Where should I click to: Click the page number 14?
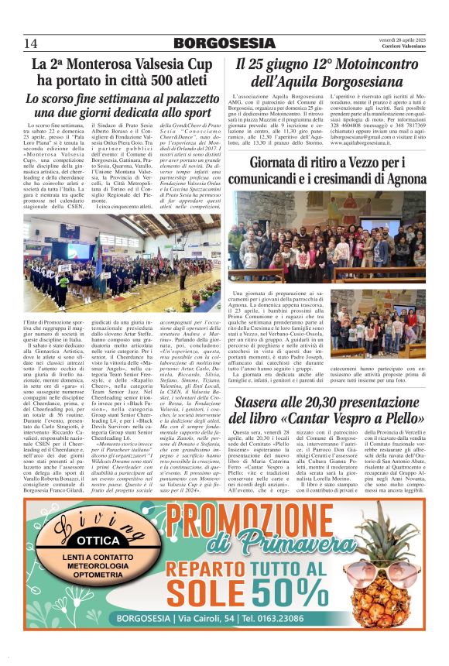(x=30, y=43)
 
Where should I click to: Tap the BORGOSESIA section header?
(x=224, y=43)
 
